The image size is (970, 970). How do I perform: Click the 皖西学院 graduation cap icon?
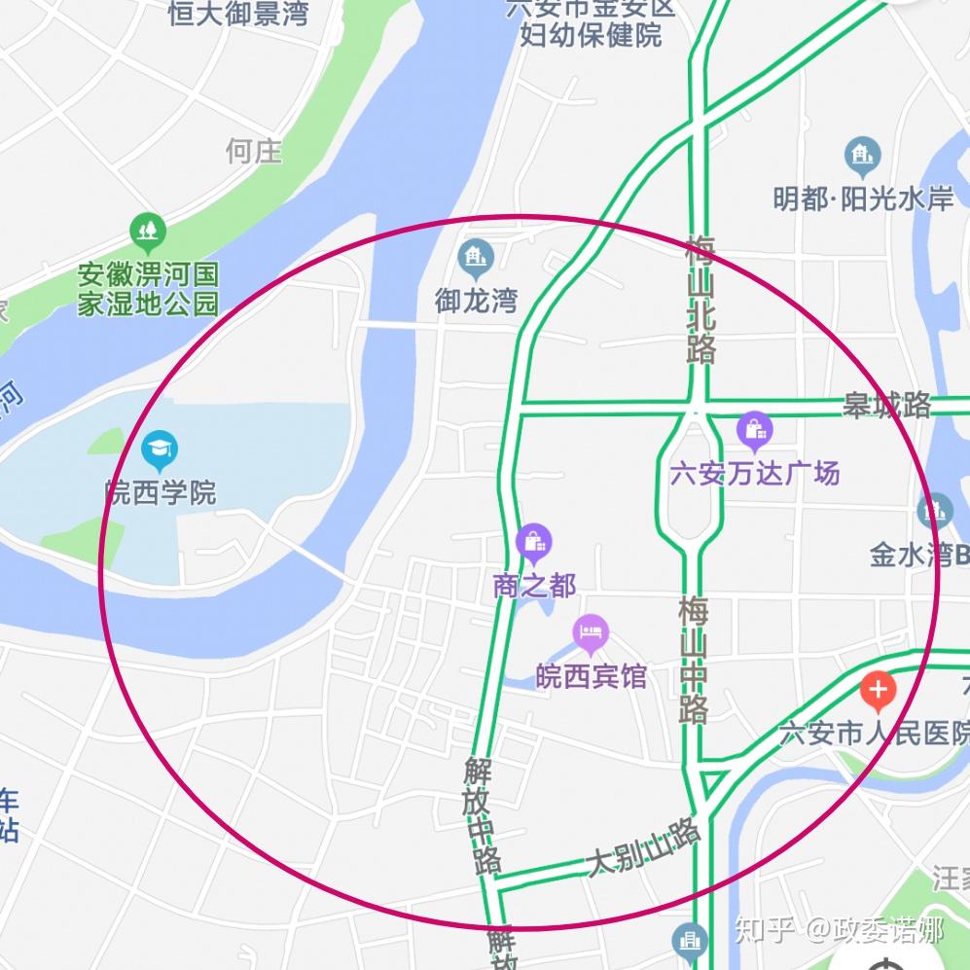point(160,449)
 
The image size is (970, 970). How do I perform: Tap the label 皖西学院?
point(161,492)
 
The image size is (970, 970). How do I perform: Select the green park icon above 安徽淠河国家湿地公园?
point(148,231)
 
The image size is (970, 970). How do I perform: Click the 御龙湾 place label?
point(476,301)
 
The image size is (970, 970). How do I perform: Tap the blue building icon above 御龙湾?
point(476,257)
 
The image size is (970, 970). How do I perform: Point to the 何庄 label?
point(254,151)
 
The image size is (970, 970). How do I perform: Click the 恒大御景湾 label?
point(238,13)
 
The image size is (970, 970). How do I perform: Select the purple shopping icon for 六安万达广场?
point(754,429)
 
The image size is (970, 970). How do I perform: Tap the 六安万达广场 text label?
point(755,474)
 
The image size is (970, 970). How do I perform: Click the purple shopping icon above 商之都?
point(534,541)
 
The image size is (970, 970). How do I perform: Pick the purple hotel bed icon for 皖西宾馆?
point(591,634)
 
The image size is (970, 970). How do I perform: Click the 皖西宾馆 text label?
point(592,676)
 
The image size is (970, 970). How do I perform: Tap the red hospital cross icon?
point(878,691)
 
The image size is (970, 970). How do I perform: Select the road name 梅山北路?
point(700,299)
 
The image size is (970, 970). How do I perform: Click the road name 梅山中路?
point(694,659)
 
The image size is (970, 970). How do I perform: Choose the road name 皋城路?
point(886,405)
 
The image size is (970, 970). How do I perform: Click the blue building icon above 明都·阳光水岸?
point(862,155)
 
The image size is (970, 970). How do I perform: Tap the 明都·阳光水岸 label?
point(863,198)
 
